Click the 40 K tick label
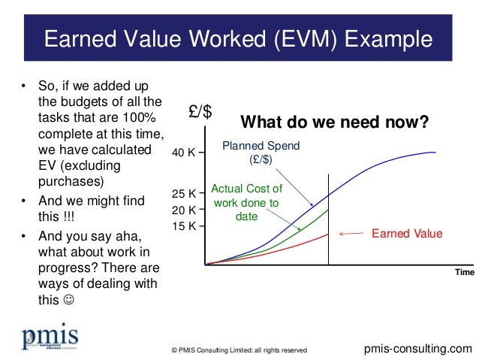click(x=183, y=153)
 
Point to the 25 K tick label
click(x=183, y=195)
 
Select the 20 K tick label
click(x=183, y=210)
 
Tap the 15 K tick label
click(x=183, y=225)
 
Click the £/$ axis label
click(x=200, y=112)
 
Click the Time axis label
click(x=463, y=272)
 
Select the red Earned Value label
click(x=407, y=234)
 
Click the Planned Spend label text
click(x=261, y=153)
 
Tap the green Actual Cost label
click(x=246, y=203)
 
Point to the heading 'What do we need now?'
click(x=333, y=122)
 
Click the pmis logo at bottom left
click(x=50, y=338)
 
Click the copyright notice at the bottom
click(x=239, y=350)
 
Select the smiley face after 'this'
click(x=69, y=300)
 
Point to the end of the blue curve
click(x=436, y=153)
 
